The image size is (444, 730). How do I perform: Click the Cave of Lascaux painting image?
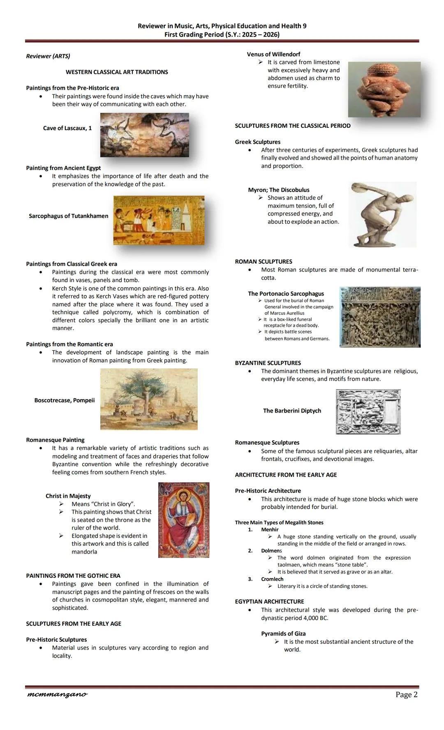pos(144,135)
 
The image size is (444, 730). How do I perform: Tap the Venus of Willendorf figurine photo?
pos(384,90)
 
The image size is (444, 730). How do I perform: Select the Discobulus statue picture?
pos(382,214)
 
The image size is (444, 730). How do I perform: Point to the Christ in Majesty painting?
pos(183,520)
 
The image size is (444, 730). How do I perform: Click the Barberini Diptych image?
pos(368,411)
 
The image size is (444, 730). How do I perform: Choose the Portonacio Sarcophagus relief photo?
pos(380,317)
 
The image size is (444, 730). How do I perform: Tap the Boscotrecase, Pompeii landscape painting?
pos(148,399)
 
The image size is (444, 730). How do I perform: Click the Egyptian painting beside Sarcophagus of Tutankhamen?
pos(159,220)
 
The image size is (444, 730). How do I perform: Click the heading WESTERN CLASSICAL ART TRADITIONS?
pos(117,72)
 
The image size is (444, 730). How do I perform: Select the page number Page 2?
pos(406,694)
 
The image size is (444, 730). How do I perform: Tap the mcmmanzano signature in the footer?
pos(57,694)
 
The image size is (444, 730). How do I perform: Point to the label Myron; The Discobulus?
pos(278,190)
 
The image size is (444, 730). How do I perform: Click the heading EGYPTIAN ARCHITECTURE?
pos(269,601)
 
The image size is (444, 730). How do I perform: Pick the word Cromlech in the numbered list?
pos(272,579)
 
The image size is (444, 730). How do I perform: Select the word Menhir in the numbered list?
pos(270,530)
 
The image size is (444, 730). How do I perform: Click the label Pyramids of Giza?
pos(283,634)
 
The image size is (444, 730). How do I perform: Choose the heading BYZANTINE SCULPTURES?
pos(268,363)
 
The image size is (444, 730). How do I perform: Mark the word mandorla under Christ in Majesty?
pos(84,552)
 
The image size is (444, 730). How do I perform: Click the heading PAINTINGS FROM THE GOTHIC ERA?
pos(73,576)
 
